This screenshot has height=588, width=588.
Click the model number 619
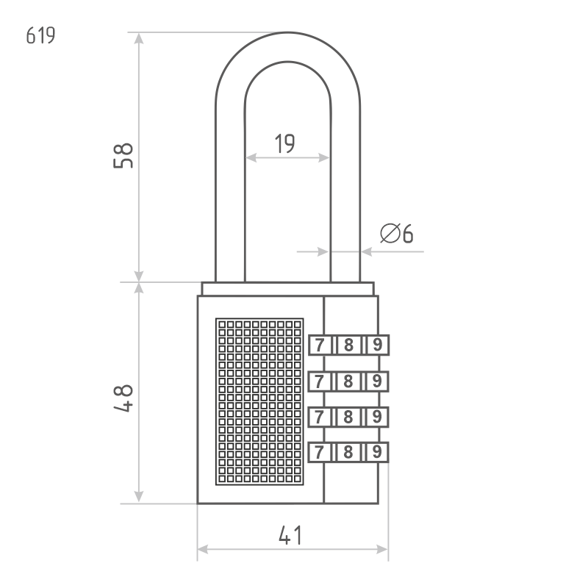40,35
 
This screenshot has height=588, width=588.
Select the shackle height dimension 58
123,156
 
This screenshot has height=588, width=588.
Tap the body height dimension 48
123,398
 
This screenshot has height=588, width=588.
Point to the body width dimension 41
290,535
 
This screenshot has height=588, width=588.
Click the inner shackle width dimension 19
285,143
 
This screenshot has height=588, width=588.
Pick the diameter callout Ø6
396,233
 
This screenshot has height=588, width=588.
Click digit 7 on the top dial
319,345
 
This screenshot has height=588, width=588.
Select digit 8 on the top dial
348,345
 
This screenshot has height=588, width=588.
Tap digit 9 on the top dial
377,344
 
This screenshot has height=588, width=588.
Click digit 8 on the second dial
348,381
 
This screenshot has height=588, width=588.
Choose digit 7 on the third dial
319,417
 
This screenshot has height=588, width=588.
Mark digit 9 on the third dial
377,417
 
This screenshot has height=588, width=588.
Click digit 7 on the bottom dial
319,452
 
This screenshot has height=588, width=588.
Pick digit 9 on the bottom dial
377,452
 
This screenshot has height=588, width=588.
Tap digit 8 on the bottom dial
348,452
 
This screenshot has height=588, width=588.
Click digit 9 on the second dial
377,381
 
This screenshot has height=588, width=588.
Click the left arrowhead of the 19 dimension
251,158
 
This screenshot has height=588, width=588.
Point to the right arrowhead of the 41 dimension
382,549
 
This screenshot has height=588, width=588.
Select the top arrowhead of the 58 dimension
139,38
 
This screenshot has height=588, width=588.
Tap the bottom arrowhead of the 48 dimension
139,497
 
